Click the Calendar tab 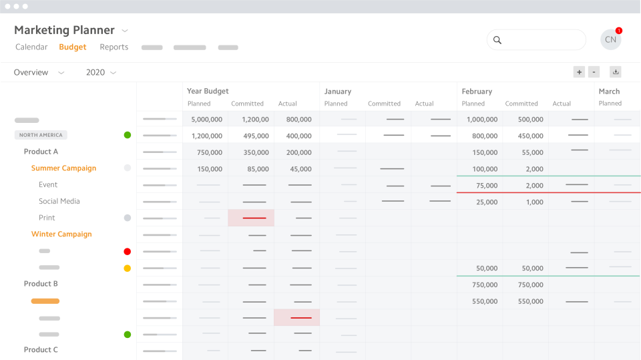pyautogui.click(x=31, y=47)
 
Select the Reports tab pyautogui.click(x=114, y=47)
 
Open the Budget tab pyautogui.click(x=73, y=47)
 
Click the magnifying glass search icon pyautogui.click(x=497, y=40)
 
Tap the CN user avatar pyautogui.click(x=610, y=40)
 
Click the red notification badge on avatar pyautogui.click(x=619, y=31)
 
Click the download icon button pyautogui.click(x=616, y=72)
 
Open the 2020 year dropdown pyautogui.click(x=101, y=72)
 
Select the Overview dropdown pyautogui.click(x=39, y=72)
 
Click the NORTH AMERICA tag pyautogui.click(x=41, y=135)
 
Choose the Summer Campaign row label pyautogui.click(x=63, y=168)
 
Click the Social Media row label pyautogui.click(x=59, y=201)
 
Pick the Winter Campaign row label pyautogui.click(x=61, y=234)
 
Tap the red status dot pyautogui.click(x=128, y=252)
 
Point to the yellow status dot pyautogui.click(x=128, y=268)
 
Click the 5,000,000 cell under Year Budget pyautogui.click(x=207, y=120)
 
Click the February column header pyautogui.click(x=477, y=92)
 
